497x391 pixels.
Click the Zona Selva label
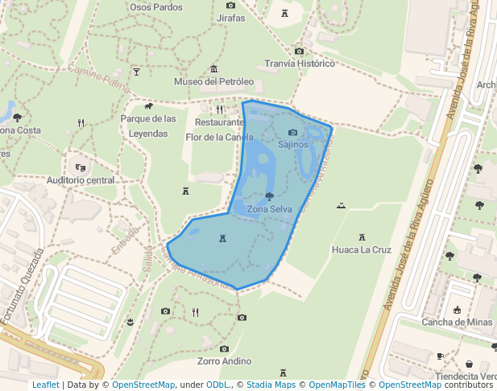pos(270,210)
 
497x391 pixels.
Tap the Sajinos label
pos(293,145)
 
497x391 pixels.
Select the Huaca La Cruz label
pos(362,250)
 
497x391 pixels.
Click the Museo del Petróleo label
pos(214,82)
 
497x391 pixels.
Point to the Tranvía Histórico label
pos(300,64)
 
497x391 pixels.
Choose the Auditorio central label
pos(81,180)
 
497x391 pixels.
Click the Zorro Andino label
pos(225,362)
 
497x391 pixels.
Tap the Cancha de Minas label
pos(457,323)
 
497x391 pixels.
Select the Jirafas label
pos(231,18)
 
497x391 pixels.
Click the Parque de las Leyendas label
pos(148,126)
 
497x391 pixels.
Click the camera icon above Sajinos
pos(292,133)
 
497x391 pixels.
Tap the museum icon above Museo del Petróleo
pos(213,69)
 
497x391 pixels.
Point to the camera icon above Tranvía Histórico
pos(299,51)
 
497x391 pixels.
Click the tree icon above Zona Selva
pos(269,197)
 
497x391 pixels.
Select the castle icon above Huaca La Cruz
pos(362,237)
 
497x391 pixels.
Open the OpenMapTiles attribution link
pos(331,385)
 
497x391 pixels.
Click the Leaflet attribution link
pos(45,385)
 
